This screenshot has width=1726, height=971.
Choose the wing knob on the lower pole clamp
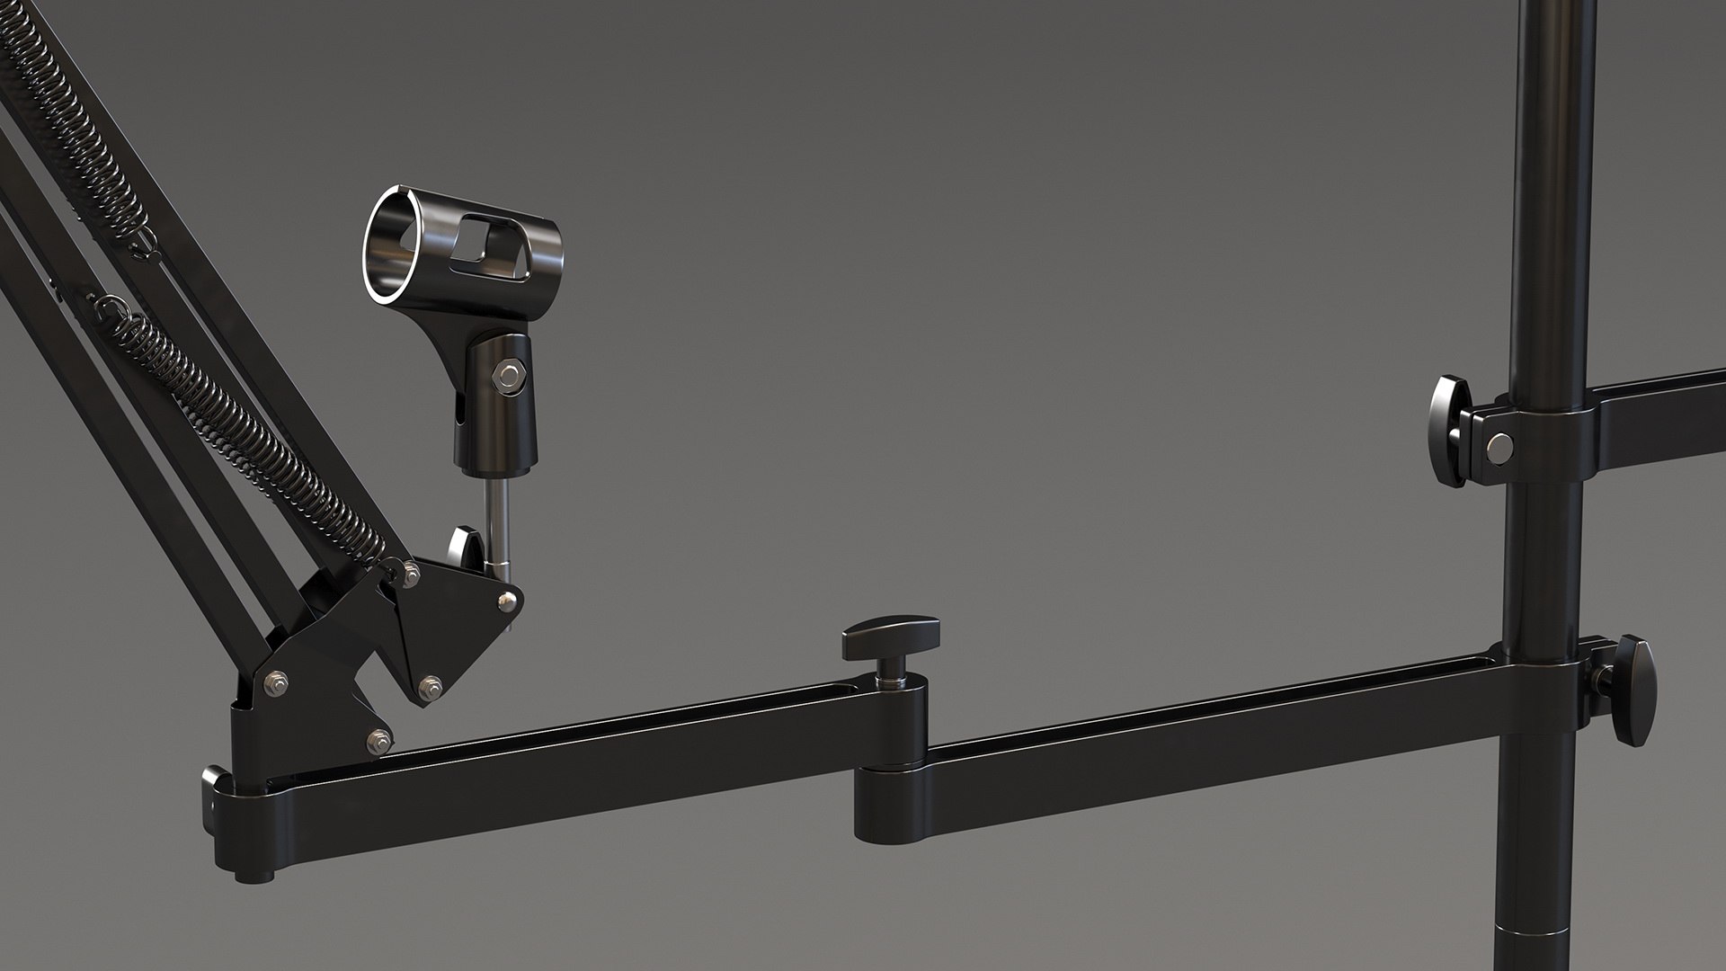tap(1632, 689)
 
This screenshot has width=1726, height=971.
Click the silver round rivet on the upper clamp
tap(1499, 446)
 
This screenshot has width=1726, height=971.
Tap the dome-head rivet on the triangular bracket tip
tap(509, 599)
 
